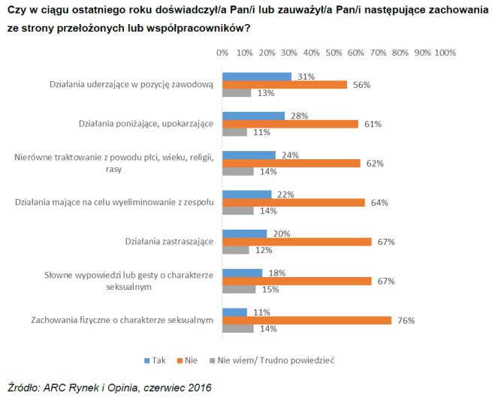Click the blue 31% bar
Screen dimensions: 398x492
coord(257,77)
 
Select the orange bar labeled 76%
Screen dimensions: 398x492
coord(306,320)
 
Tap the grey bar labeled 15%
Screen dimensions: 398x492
coord(239,289)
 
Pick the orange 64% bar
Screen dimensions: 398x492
coord(294,202)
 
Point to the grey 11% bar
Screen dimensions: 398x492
coord(234,132)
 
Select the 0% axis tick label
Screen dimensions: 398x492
coord(222,53)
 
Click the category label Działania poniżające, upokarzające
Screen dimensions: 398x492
coord(146,123)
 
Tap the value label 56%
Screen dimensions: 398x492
coord(361,85)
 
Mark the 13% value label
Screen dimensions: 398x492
coord(264,93)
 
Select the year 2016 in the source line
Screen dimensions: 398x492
coord(198,387)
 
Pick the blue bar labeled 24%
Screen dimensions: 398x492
coord(249,155)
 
